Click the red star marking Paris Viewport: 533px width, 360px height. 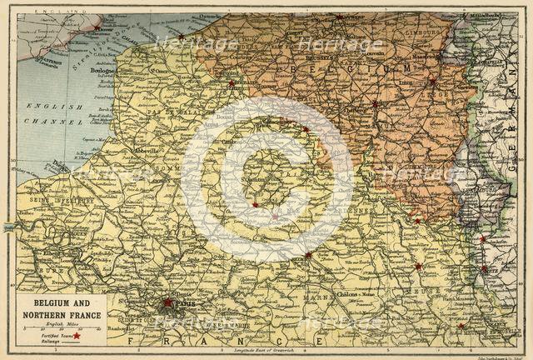[x=168, y=302]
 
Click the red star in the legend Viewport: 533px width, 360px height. [x=77, y=335]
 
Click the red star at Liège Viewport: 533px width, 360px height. [x=432, y=82]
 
